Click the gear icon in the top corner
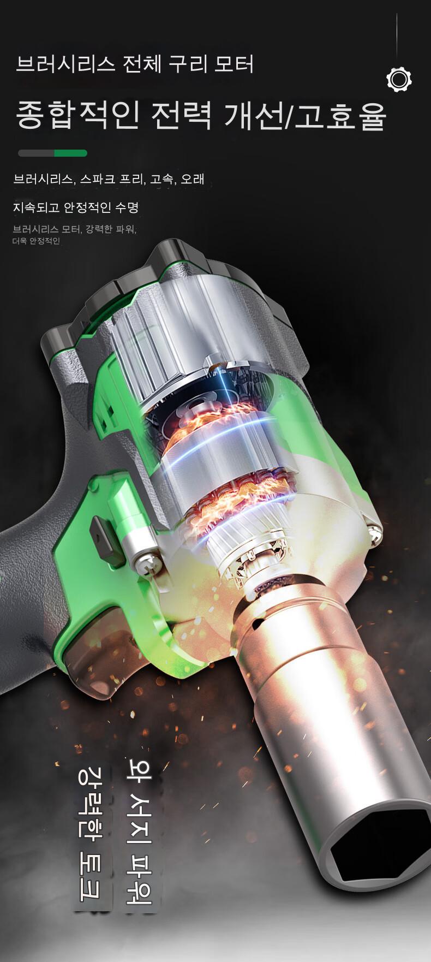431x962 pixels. tap(399, 80)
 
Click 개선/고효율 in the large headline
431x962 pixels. tap(305, 115)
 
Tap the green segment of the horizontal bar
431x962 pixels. tap(70, 153)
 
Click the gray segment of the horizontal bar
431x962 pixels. tap(36, 153)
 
